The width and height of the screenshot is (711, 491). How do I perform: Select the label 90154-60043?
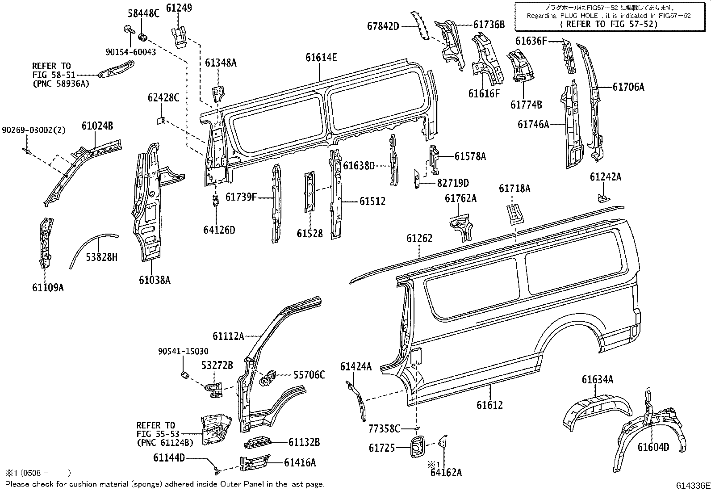[x=131, y=52]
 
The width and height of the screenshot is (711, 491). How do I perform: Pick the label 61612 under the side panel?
[x=489, y=405]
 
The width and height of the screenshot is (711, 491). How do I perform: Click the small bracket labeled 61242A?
[x=602, y=197]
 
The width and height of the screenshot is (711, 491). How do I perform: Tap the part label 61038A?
[x=155, y=280]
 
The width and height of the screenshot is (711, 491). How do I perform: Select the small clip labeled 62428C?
[x=161, y=120]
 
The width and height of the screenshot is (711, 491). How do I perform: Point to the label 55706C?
[x=309, y=375]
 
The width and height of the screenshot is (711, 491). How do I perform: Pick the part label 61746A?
[x=533, y=124]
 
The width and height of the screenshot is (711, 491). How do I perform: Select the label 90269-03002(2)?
[x=33, y=130]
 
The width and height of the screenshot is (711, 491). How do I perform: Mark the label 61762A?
[x=460, y=198]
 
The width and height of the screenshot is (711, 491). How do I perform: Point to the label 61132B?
[x=304, y=442]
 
